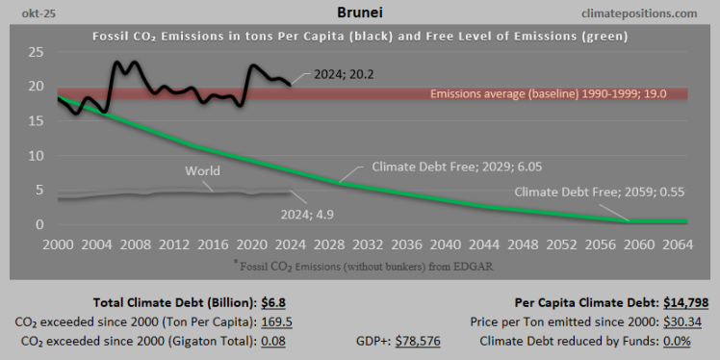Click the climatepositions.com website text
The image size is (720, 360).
(x=638, y=13)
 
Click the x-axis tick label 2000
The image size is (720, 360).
(x=59, y=243)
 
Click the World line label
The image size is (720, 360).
(x=202, y=171)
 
